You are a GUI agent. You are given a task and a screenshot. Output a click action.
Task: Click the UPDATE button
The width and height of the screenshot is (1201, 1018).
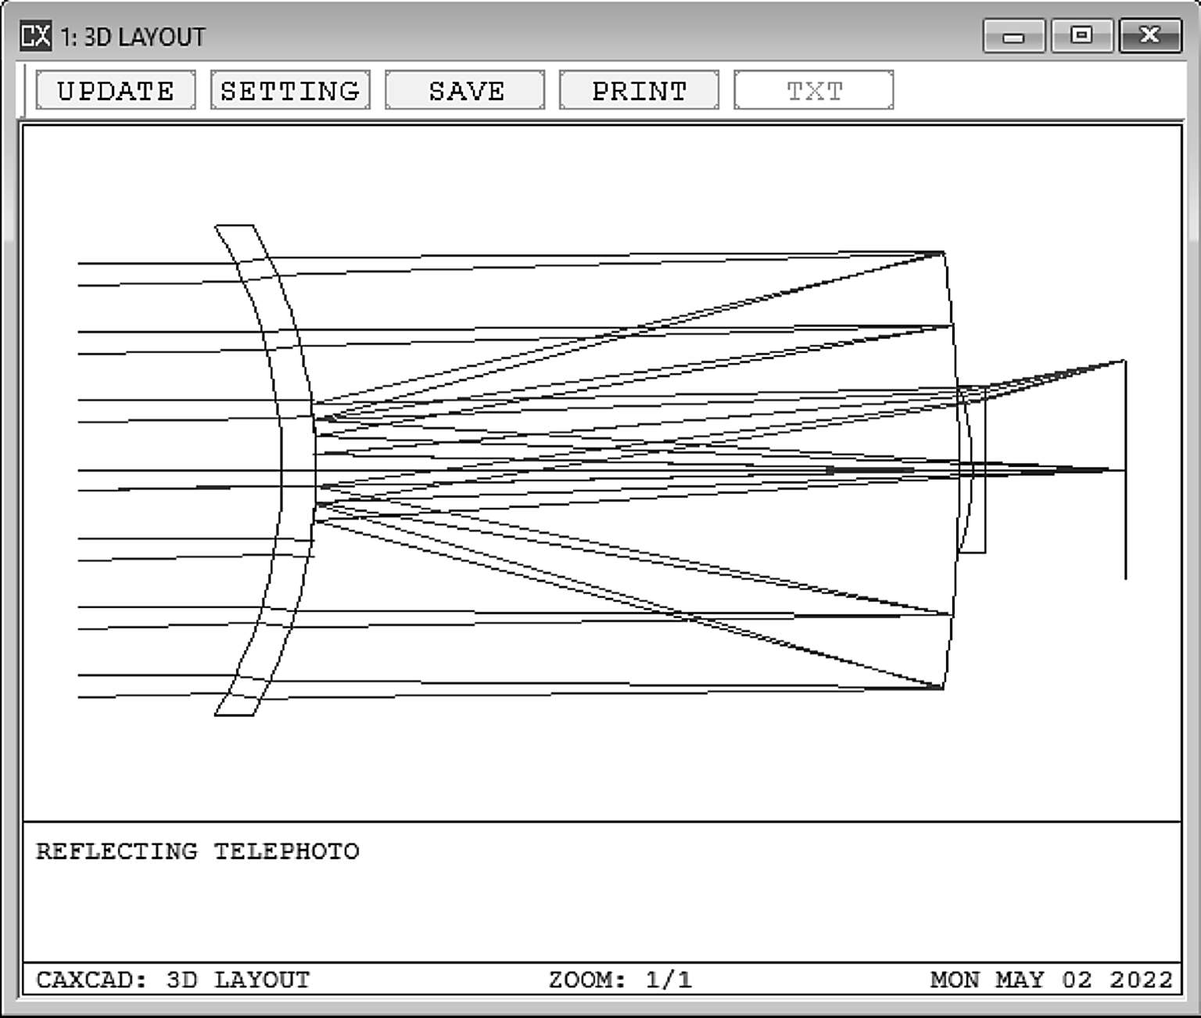click(116, 90)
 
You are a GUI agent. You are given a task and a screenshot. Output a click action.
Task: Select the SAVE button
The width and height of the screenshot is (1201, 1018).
click(464, 90)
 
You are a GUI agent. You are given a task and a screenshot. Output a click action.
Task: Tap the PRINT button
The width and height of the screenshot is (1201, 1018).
click(639, 90)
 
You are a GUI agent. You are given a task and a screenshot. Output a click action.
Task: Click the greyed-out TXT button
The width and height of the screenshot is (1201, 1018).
click(813, 90)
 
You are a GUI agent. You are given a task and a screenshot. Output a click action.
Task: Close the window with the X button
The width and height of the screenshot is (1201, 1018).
click(1150, 35)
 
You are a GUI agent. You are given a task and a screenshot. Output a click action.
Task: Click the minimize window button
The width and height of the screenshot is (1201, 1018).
click(1014, 35)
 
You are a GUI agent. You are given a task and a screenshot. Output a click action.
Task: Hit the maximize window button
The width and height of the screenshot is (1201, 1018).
click(1082, 35)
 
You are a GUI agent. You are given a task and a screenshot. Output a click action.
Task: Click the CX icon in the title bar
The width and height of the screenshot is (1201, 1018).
click(35, 35)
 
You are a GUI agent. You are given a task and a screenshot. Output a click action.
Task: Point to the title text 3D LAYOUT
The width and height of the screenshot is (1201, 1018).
click(145, 38)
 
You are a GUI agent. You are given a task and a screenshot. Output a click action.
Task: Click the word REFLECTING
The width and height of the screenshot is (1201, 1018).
click(117, 852)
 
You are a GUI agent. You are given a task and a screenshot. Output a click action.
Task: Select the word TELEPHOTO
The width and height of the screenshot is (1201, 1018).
click(287, 852)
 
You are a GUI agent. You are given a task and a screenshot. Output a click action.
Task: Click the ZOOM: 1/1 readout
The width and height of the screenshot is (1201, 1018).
click(621, 980)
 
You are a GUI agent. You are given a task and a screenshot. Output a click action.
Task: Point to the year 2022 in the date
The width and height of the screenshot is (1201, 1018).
click(1141, 980)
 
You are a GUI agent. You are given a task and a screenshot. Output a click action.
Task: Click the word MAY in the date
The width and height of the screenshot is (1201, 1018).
click(1020, 980)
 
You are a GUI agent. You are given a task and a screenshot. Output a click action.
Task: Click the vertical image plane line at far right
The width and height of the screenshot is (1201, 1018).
click(1125, 469)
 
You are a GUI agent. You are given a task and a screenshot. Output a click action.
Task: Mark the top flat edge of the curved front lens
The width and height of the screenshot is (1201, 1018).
click(234, 225)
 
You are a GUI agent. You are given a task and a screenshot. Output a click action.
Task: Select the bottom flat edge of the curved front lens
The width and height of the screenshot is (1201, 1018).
click(234, 715)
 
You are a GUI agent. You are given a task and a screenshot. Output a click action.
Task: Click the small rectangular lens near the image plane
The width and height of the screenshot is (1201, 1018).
click(971, 469)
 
